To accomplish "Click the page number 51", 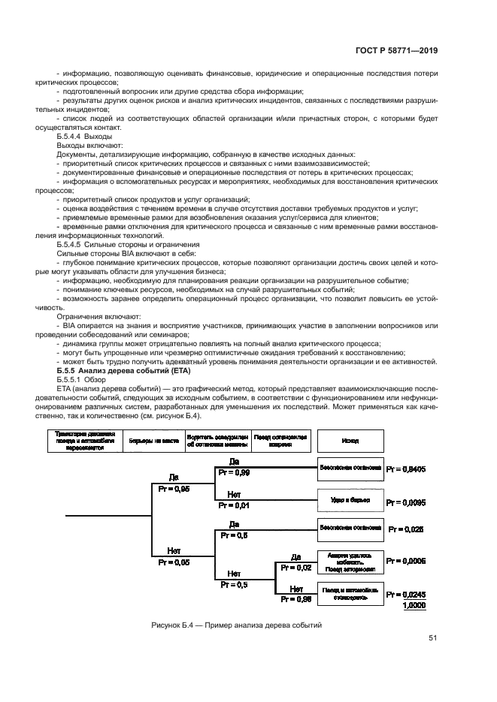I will point(432,638).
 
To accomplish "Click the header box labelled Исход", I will point(350,441).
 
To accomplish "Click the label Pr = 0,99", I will point(234,473).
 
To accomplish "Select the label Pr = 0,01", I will point(234,505).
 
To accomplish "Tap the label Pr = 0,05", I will point(174,560).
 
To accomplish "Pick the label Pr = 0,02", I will point(296,568).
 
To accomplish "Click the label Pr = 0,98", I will point(296,599).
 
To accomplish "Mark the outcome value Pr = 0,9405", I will point(405,469).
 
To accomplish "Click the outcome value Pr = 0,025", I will point(405,529).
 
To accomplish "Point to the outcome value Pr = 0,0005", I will point(405,560).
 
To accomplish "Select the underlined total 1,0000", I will point(412,604).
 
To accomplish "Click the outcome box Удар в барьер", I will point(350,500).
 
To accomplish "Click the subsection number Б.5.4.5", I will point(73,245).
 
